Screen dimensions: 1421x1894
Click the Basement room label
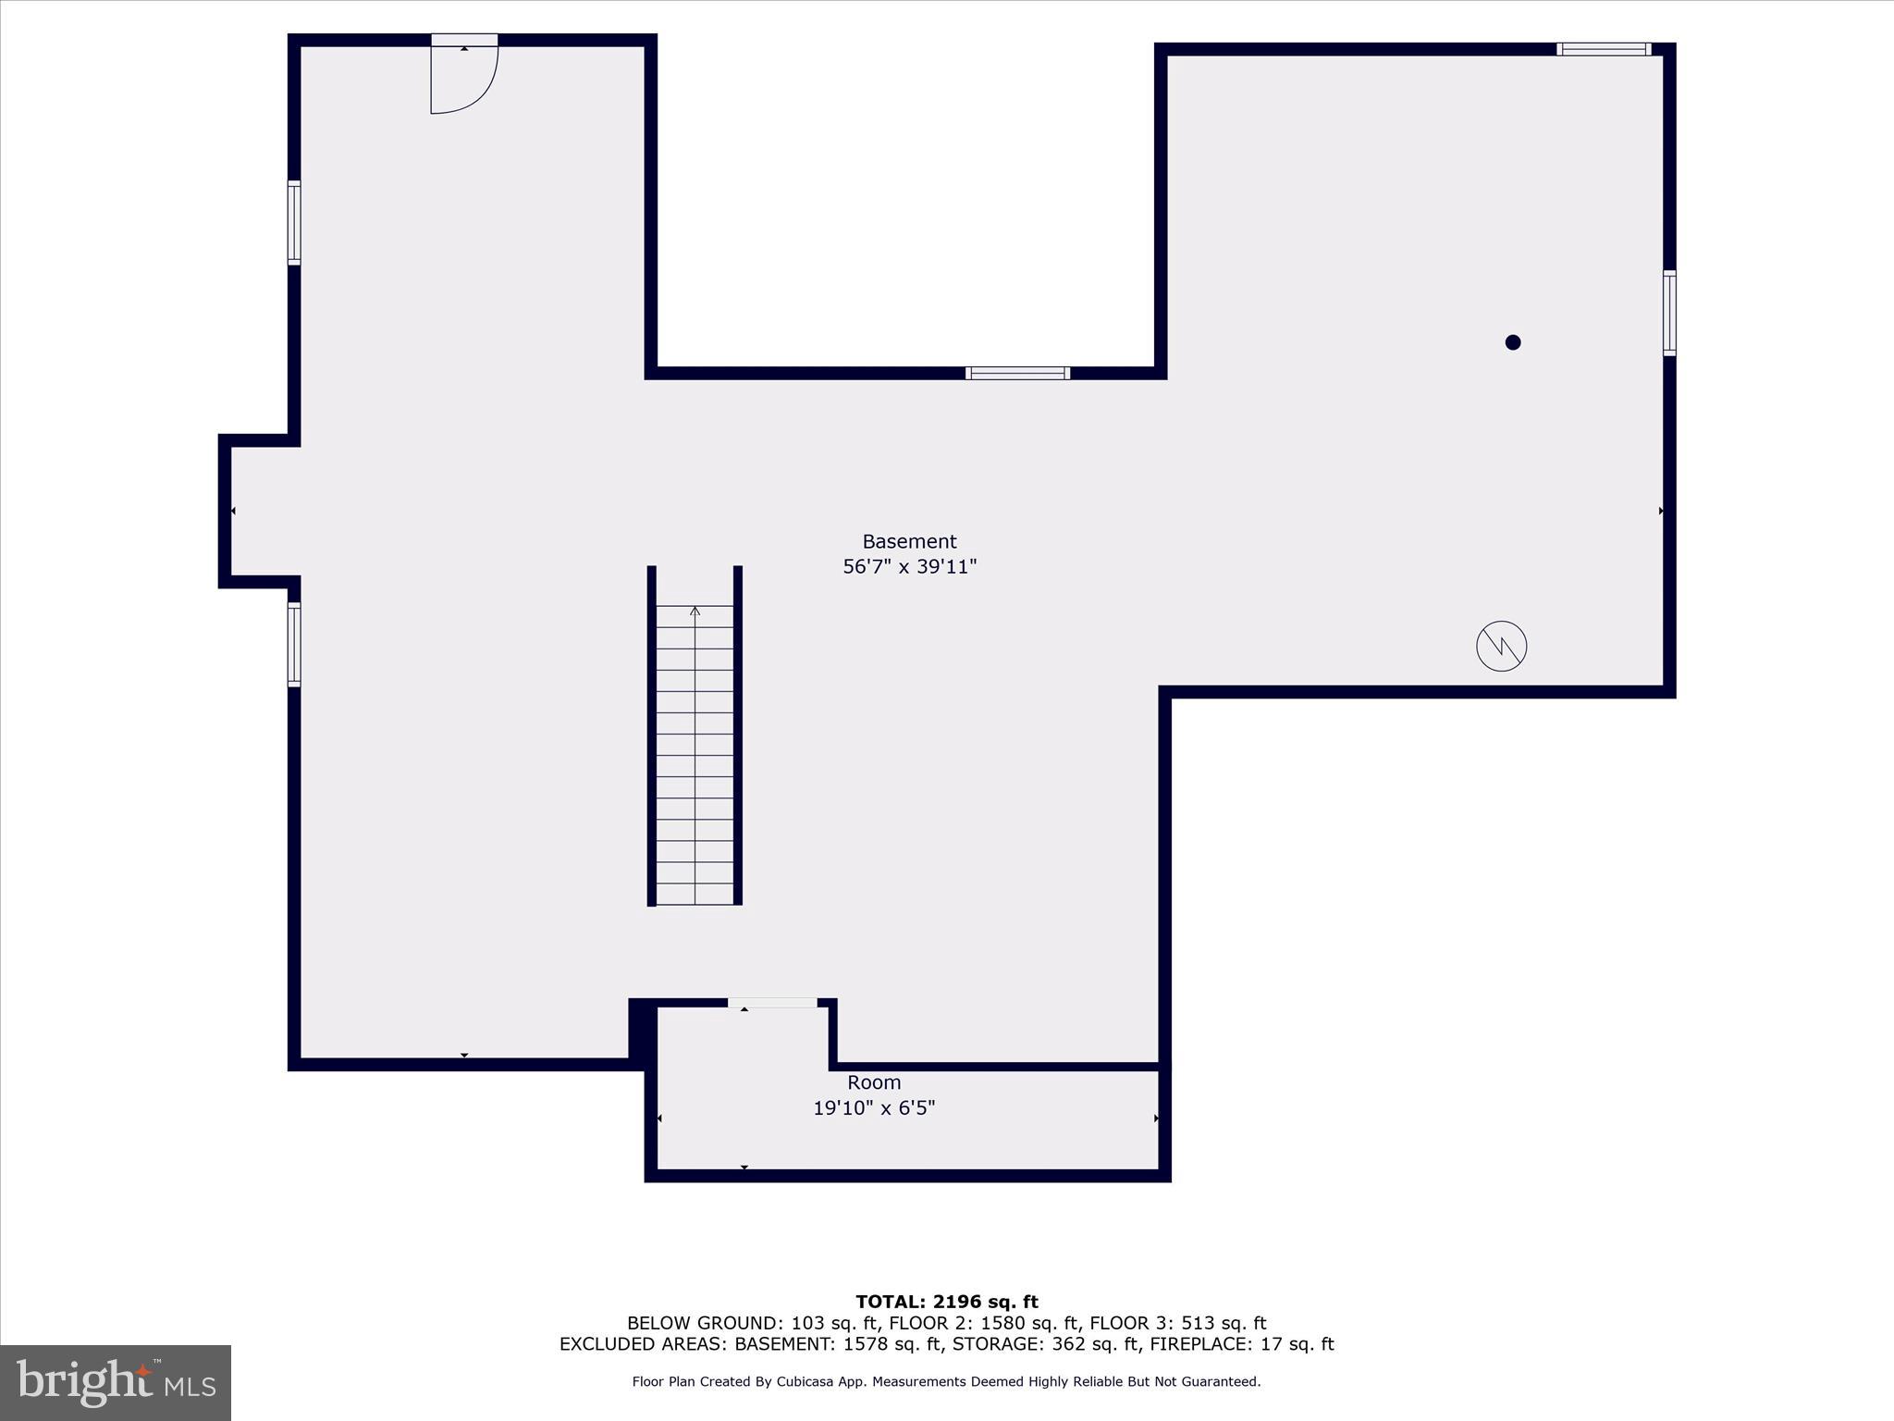909,541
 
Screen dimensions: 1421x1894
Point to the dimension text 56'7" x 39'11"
909,566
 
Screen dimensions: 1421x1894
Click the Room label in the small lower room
874,1082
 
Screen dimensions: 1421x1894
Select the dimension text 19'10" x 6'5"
874,1107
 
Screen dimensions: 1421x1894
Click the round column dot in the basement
1513,342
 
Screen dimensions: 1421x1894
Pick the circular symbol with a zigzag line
1501,646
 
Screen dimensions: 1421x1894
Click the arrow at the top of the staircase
695,611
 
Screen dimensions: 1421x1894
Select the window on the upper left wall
294,223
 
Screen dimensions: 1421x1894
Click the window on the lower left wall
294,644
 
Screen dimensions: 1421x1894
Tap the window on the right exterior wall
1669,313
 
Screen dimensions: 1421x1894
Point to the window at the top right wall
1604,49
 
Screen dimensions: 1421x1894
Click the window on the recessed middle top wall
1017,373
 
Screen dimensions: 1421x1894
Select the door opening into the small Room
772,1003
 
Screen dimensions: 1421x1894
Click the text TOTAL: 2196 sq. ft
946,1302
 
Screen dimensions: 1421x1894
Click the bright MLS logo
116,1382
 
